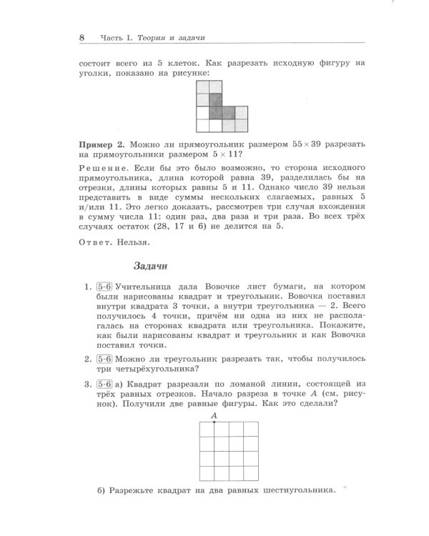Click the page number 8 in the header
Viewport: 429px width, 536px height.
click(x=82, y=37)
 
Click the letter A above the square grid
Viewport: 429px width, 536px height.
click(x=214, y=415)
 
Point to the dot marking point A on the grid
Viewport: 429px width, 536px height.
click(x=214, y=423)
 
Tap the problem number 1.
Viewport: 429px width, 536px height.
click(x=87, y=287)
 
